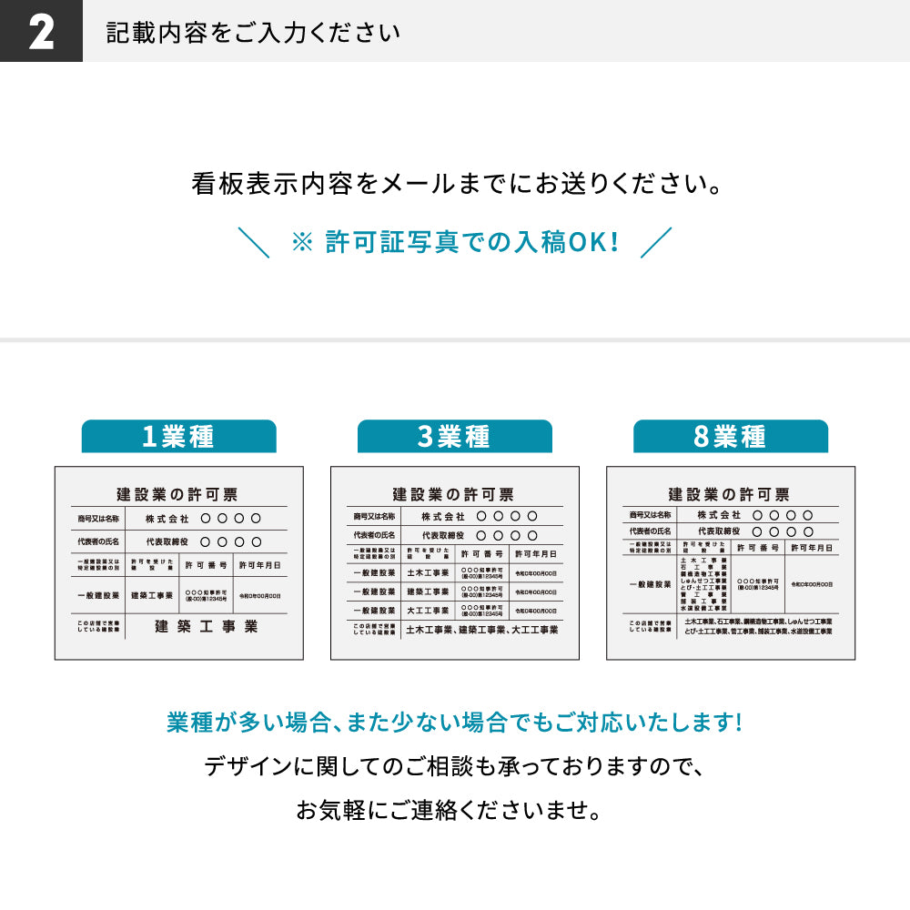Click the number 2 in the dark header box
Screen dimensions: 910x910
(41, 32)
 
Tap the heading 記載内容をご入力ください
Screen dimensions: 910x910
(252, 33)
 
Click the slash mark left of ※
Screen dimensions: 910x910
(253, 242)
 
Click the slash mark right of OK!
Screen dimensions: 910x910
(656, 242)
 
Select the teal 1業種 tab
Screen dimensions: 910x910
(178, 437)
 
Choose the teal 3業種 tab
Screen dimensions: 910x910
(454, 437)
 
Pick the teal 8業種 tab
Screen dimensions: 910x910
(730, 437)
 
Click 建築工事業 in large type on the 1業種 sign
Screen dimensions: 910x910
(207, 626)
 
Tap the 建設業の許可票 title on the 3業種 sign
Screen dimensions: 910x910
(454, 494)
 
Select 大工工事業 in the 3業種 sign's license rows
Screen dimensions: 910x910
(427, 611)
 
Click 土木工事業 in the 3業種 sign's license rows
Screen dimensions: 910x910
(427, 573)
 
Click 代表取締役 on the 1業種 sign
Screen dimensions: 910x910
(167, 541)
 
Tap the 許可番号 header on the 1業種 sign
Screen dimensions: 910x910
(207, 565)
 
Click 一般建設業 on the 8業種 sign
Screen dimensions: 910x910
(650, 583)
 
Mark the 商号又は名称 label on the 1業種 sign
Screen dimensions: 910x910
(97, 518)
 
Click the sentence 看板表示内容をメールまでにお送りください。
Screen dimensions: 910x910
(454, 185)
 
